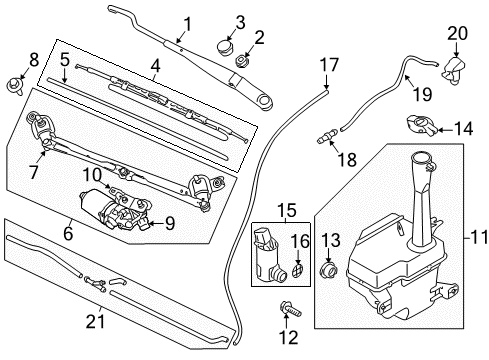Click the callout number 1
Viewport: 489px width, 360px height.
pos(186,21)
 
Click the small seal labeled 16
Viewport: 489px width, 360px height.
pos(298,272)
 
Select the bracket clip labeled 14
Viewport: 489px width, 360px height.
pos(420,126)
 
